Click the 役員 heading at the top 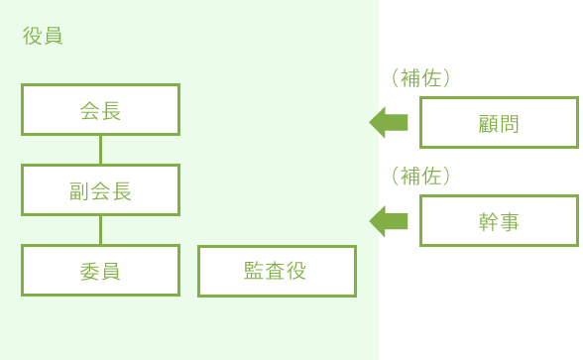pyautogui.click(x=43, y=37)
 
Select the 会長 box pyautogui.click(x=100, y=110)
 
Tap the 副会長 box pyautogui.click(x=100, y=190)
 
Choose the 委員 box pyautogui.click(x=100, y=271)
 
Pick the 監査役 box pyautogui.click(x=277, y=272)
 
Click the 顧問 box pyautogui.click(x=499, y=123)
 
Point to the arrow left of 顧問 pyautogui.click(x=389, y=122)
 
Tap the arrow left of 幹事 pyautogui.click(x=389, y=220)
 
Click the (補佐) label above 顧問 pyautogui.click(x=421, y=77)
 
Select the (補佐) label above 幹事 pyautogui.click(x=421, y=177)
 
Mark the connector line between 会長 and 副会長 pyautogui.click(x=100, y=150)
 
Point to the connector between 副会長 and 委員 pyautogui.click(x=100, y=230)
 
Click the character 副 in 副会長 pyautogui.click(x=79, y=190)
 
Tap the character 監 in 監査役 pyautogui.click(x=255, y=272)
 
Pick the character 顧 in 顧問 pyautogui.click(x=488, y=123)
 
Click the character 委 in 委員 pyautogui.click(x=89, y=271)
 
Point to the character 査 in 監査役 pyautogui.click(x=277, y=272)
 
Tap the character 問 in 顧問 pyautogui.click(x=510, y=123)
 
